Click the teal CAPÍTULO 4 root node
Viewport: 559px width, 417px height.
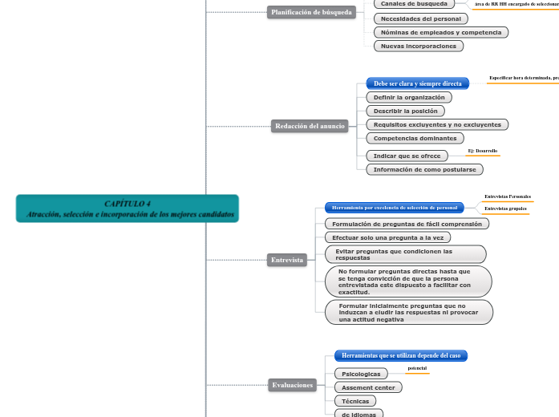pos(128,208)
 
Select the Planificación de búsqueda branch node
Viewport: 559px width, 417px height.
pos(312,12)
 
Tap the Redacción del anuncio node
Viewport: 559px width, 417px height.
pos(310,126)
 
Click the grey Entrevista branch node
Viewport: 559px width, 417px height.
pos(287,260)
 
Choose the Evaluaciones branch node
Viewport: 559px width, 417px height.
pos(292,385)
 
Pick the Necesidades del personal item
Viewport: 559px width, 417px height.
pos(420,18)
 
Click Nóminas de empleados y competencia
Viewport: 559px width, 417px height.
pos(440,32)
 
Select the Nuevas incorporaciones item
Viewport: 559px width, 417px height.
pos(418,46)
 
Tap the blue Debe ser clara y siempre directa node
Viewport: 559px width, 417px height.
pos(417,83)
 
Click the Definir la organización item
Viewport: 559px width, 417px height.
pos(409,97)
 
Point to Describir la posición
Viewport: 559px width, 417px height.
pos(406,111)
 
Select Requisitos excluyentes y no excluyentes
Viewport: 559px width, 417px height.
pos(437,124)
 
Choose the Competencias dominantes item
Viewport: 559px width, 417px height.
pos(415,138)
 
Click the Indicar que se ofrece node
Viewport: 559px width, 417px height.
pos(407,156)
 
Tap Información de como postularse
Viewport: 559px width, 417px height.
pos(424,169)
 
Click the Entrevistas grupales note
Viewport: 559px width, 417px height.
pos(505,208)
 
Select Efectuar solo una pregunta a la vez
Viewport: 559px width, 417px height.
pos(388,237)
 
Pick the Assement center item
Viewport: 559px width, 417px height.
pos(368,387)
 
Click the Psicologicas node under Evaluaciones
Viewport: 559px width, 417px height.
pos(361,374)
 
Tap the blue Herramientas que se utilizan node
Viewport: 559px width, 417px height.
pos(400,355)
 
